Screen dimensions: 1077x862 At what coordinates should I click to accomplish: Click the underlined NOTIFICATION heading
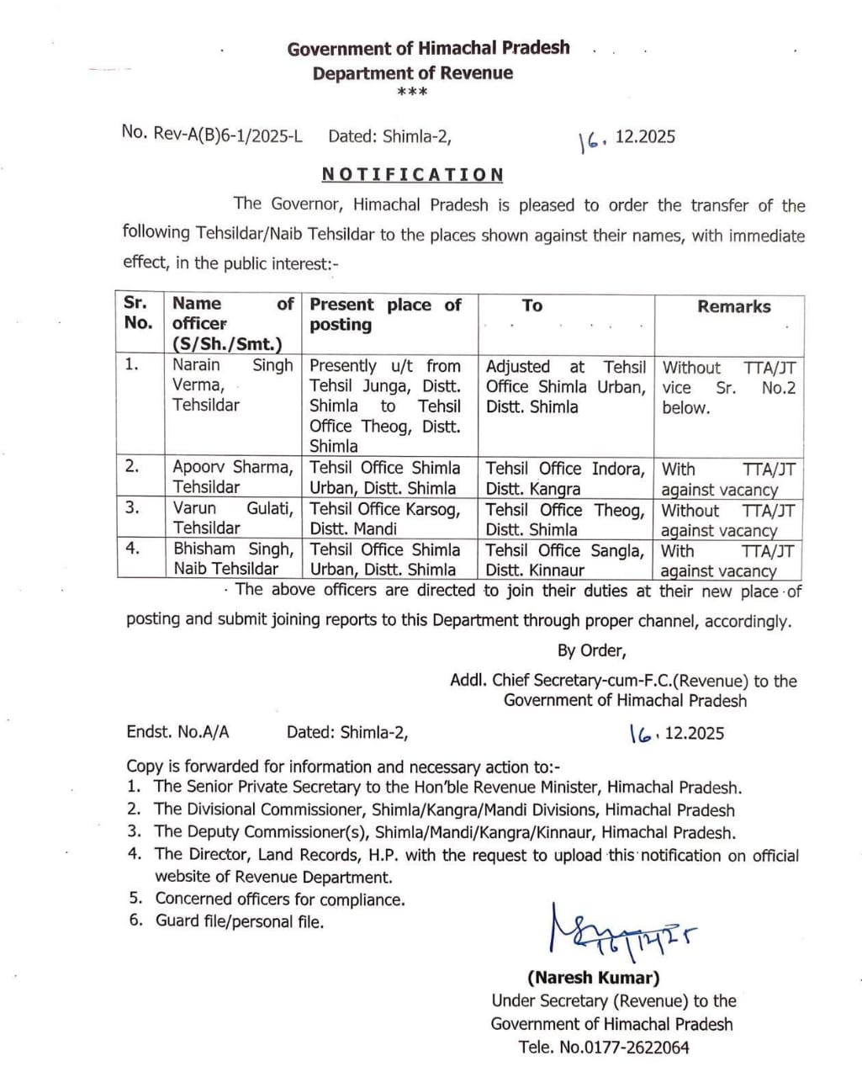(x=412, y=175)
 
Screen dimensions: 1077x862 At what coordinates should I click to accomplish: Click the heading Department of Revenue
(x=412, y=73)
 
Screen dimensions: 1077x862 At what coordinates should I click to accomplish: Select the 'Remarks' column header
(x=733, y=307)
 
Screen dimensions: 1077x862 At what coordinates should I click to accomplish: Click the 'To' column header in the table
(x=531, y=305)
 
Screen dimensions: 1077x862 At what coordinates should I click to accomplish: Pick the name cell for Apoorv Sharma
(x=232, y=477)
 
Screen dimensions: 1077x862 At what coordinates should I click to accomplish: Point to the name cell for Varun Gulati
(x=232, y=518)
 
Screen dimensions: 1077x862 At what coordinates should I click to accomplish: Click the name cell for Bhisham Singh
(x=232, y=559)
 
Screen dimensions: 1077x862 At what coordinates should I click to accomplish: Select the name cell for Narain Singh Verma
(x=232, y=385)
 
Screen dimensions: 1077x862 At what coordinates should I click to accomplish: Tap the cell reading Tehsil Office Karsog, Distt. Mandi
(x=385, y=519)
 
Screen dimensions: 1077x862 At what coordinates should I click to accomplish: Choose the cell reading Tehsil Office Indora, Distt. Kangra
(x=565, y=478)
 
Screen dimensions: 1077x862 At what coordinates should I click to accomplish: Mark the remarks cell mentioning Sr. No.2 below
(x=728, y=388)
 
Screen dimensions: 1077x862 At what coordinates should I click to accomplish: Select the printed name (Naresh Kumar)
(x=593, y=978)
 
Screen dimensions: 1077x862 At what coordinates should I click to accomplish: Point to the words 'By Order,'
(x=591, y=650)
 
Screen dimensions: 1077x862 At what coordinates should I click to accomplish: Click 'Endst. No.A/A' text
(x=177, y=732)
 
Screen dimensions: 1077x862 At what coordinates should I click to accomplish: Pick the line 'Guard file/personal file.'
(x=239, y=921)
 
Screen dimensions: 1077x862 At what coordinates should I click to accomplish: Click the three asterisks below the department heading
(x=412, y=92)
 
